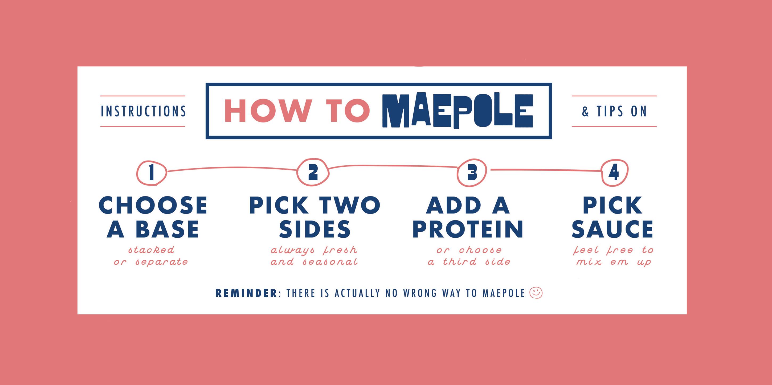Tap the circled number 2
pos(313,172)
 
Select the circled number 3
pos(472,173)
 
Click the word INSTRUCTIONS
pos(143,112)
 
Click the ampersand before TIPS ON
pos(585,112)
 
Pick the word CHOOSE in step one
pos(153,206)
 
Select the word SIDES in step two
pos(315,229)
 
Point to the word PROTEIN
pos(468,229)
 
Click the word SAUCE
pos(612,229)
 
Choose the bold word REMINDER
pos(246,293)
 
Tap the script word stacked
pos(151,249)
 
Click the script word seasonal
pos(330,262)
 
